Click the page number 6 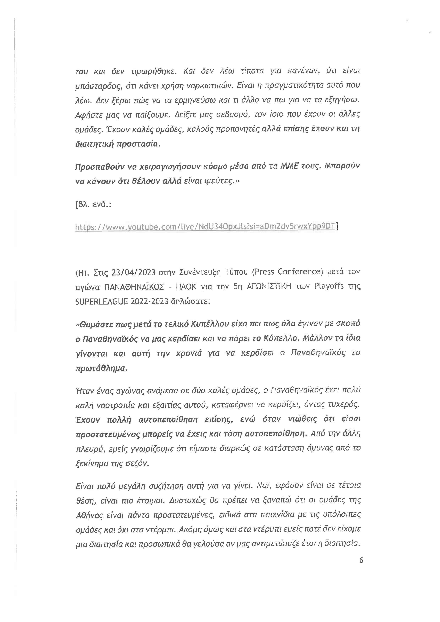[361, 560]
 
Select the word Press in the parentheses [262, 272]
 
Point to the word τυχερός [344, 405]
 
